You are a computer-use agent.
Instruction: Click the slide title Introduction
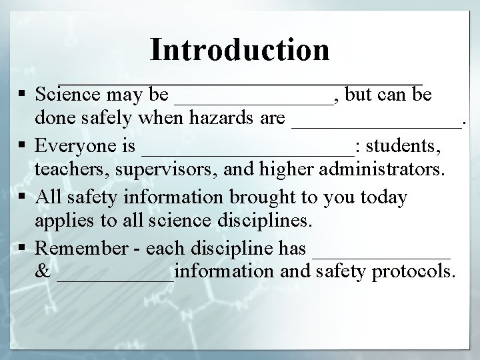click(x=240, y=49)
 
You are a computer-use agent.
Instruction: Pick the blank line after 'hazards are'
click(x=377, y=127)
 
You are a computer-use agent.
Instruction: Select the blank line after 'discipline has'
click(x=381, y=255)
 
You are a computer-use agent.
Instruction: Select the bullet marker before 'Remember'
click(x=23, y=248)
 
